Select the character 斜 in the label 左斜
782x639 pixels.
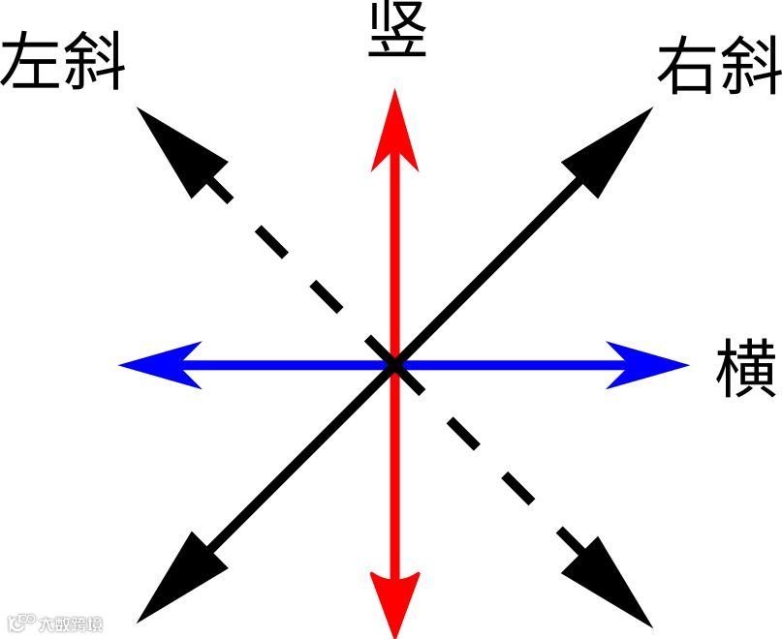click(x=95, y=65)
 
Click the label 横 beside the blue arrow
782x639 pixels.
click(x=746, y=369)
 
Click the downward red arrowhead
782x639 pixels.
click(x=394, y=600)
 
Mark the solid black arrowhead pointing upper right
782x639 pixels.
click(x=614, y=145)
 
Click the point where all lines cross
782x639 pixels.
click(x=394, y=365)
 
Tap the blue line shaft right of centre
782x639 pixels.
click(x=504, y=365)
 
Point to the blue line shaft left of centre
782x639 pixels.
click(x=281, y=365)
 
